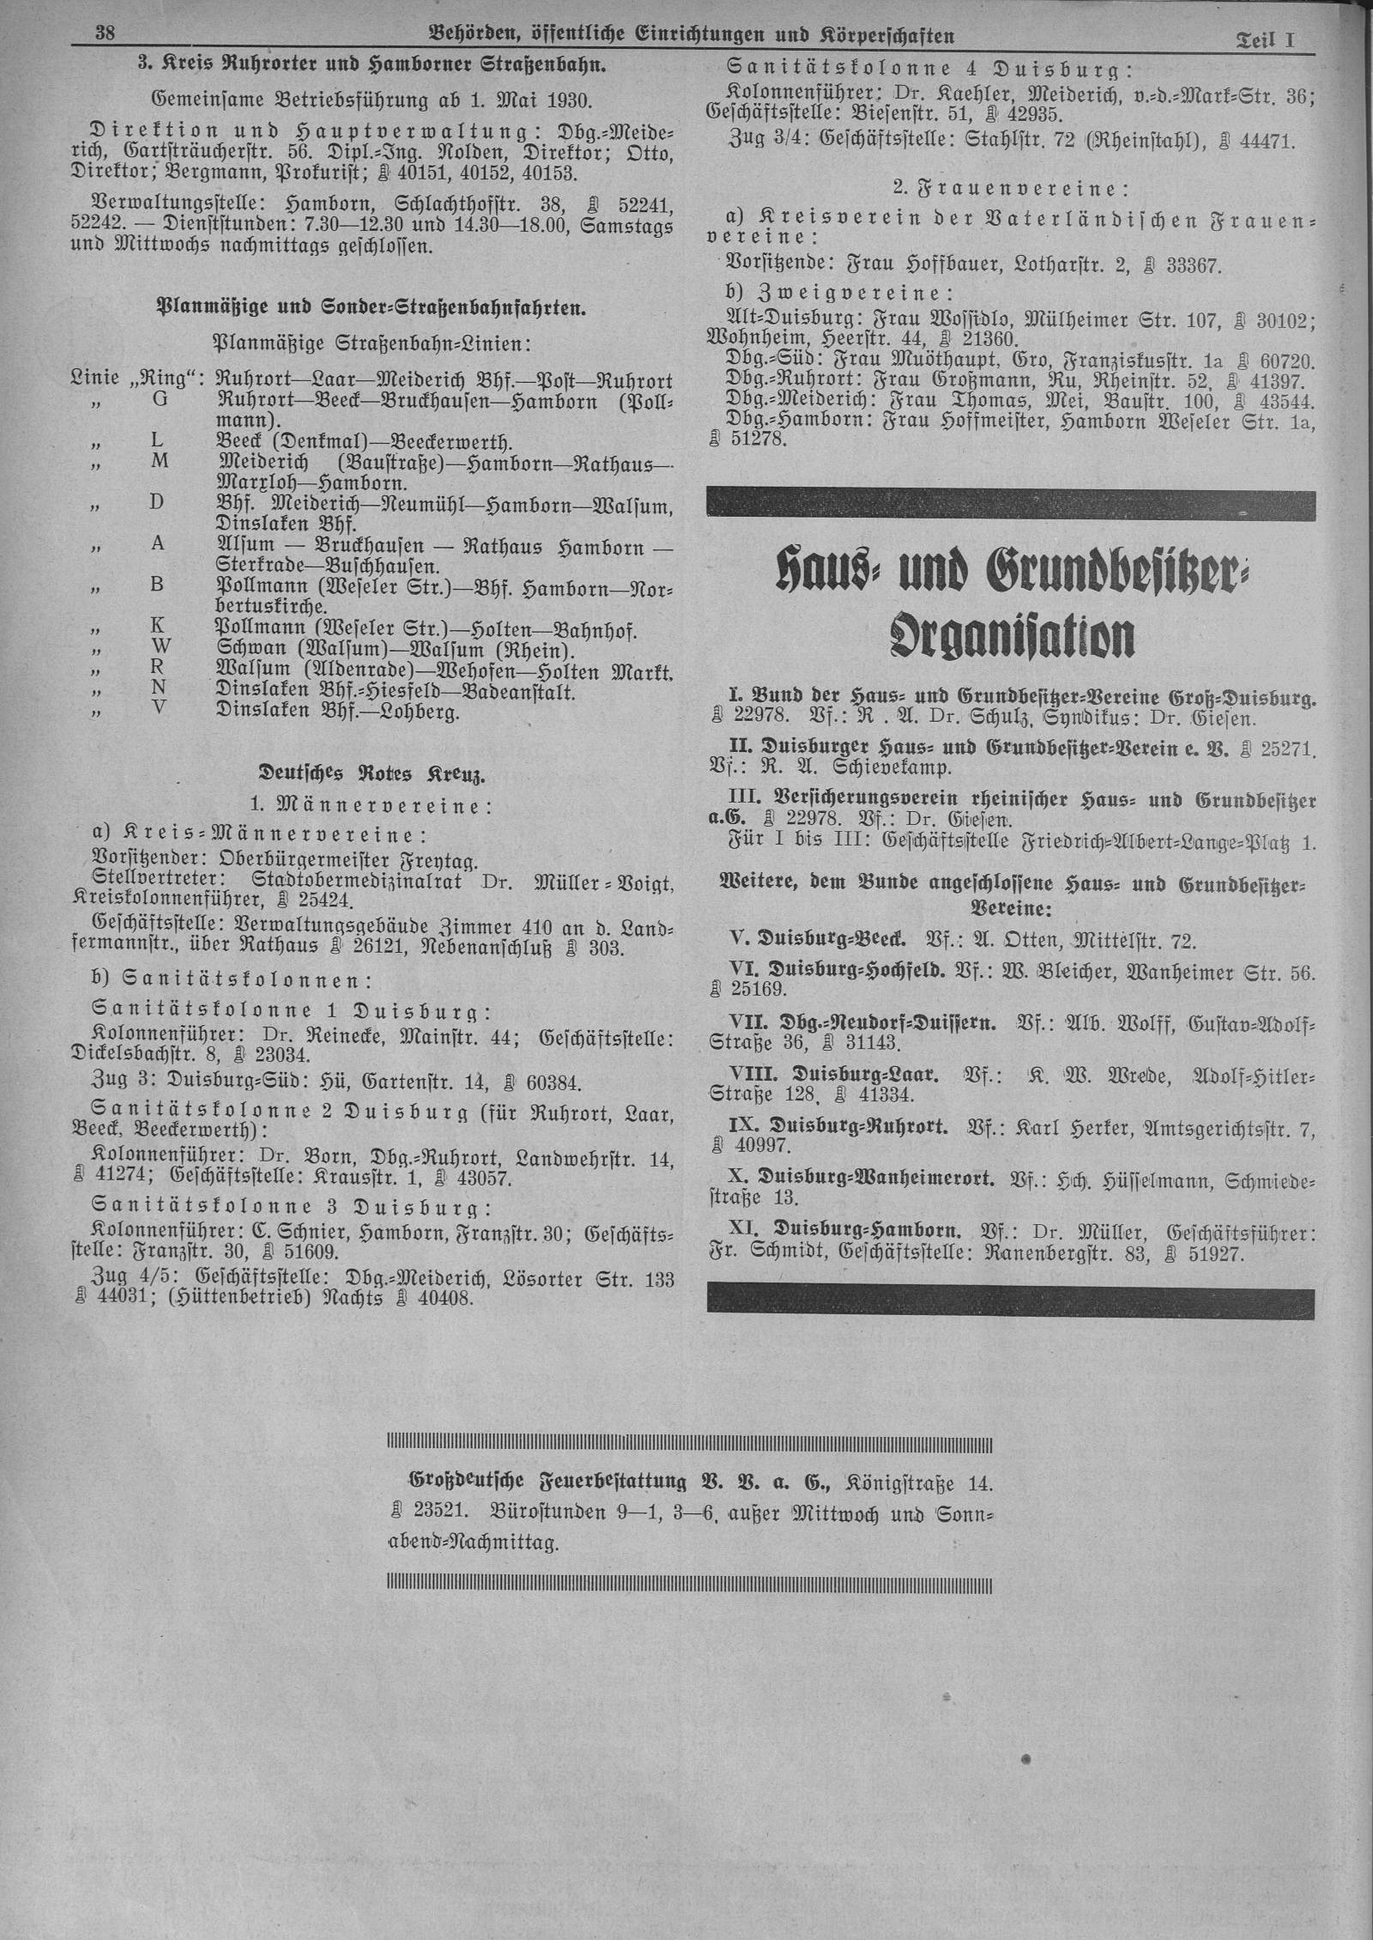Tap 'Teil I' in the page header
coord(1264,38)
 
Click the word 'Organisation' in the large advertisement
coord(1013,636)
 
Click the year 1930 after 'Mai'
coord(561,100)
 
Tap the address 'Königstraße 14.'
coord(919,1482)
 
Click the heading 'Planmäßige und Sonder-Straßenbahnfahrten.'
coord(371,309)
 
